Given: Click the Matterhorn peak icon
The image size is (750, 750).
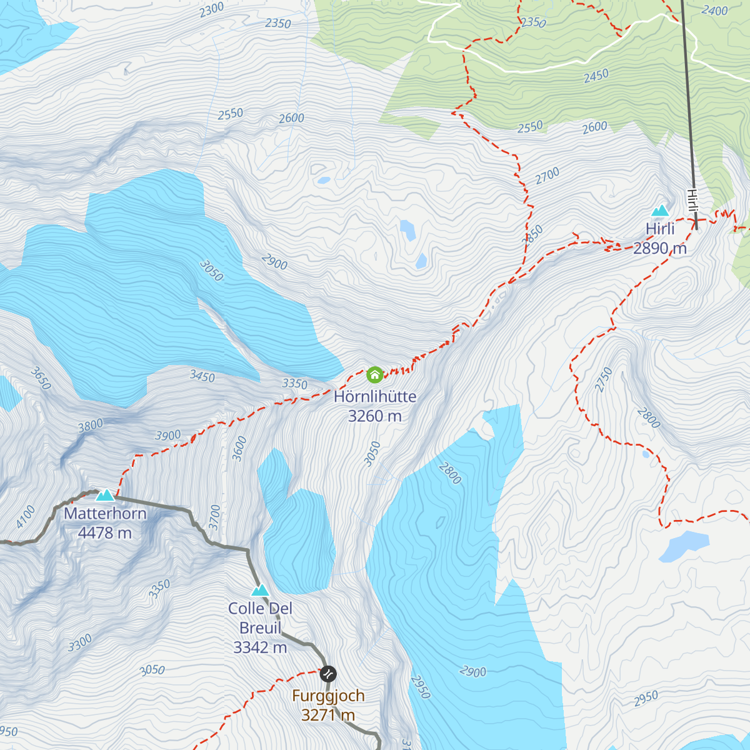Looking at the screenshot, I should click(104, 495).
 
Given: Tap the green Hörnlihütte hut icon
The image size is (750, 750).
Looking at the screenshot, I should click(374, 374).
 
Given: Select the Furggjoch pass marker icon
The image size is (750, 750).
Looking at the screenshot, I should click(328, 674).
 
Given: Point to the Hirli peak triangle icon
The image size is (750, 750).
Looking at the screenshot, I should click(660, 211).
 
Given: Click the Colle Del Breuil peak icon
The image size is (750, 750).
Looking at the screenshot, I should click(260, 590).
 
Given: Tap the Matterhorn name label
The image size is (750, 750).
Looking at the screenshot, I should click(105, 514).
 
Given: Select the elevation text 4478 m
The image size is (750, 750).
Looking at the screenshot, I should click(105, 533).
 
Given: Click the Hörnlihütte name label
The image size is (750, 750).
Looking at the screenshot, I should click(375, 396).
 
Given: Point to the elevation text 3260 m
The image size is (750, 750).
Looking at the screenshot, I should click(375, 416).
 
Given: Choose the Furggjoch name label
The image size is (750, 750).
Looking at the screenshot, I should click(328, 696).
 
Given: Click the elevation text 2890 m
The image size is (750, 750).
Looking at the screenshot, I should click(660, 249).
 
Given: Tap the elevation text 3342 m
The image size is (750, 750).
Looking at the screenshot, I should click(260, 647).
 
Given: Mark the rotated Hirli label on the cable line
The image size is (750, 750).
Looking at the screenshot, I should click(692, 202).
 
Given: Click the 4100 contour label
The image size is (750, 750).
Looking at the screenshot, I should click(26, 517).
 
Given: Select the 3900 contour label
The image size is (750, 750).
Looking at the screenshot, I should click(167, 436).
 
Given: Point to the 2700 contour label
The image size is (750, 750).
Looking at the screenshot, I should click(547, 176).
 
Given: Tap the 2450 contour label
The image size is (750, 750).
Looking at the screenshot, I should click(596, 76).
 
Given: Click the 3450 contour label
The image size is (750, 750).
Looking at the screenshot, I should click(202, 377).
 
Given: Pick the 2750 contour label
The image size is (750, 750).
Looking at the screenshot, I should click(604, 380).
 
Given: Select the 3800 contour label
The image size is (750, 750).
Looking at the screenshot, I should click(90, 426).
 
